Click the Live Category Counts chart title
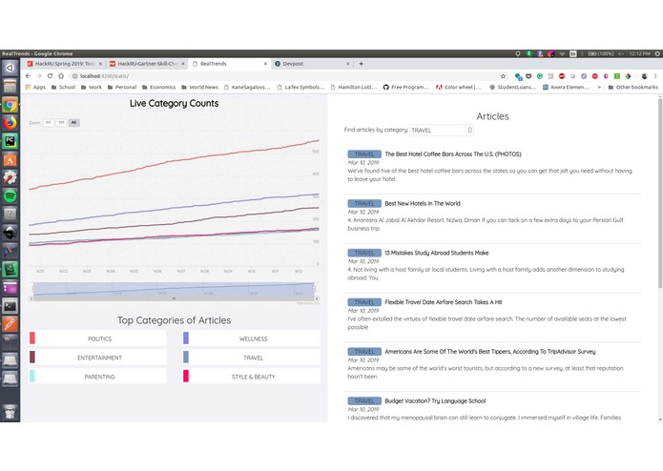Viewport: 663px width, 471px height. pos(174,103)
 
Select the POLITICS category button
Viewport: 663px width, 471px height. pos(99,338)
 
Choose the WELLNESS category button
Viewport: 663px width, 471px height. pos(253,338)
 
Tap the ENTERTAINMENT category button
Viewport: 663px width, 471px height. pos(99,358)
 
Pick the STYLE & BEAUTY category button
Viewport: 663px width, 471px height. pos(253,377)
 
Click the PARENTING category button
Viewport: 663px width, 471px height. pos(99,377)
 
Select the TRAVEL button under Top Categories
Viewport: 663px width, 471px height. pos(253,358)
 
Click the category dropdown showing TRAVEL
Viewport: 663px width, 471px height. pos(441,130)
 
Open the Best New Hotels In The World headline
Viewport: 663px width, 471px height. pos(422,203)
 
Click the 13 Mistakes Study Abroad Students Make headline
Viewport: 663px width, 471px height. pos(436,253)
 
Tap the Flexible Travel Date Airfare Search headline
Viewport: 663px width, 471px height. pos(443,302)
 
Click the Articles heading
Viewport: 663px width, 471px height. pos(492,116)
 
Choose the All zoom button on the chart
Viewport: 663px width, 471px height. pos(73,122)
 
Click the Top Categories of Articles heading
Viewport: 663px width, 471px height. pos(174,320)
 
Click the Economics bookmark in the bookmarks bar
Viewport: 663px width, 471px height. pos(161,87)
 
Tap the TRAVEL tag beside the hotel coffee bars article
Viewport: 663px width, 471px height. pos(364,154)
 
